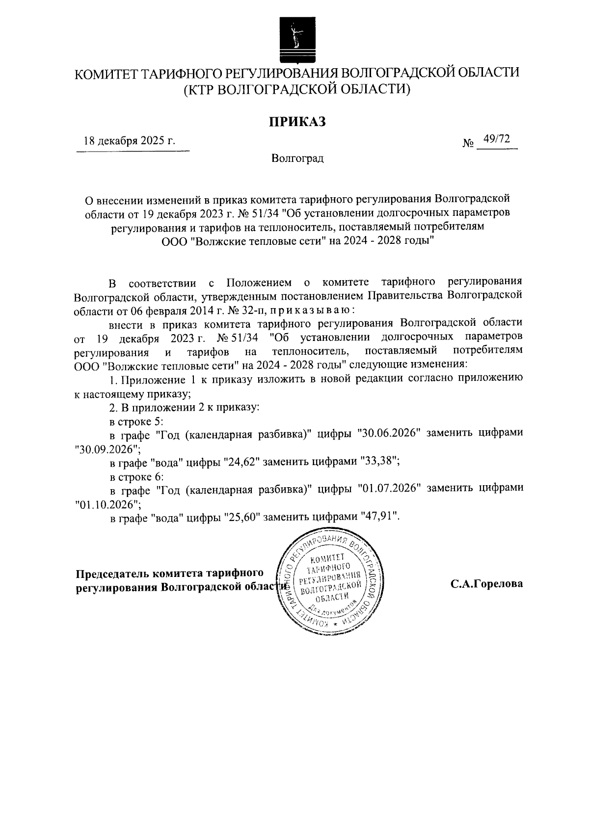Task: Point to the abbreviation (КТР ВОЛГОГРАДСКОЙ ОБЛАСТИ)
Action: pos(296,90)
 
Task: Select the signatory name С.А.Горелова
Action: pos(486,584)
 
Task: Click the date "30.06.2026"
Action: pos(389,433)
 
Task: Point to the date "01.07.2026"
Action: pos(389,488)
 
